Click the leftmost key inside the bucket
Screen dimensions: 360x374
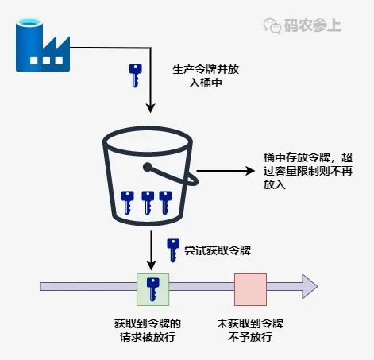click(127, 202)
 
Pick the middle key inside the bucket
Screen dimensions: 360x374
click(147, 202)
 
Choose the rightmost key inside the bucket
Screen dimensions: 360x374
click(165, 202)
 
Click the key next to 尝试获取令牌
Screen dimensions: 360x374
click(172, 250)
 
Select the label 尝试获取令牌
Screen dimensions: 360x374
click(218, 250)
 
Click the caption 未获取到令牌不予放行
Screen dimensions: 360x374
click(250, 331)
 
